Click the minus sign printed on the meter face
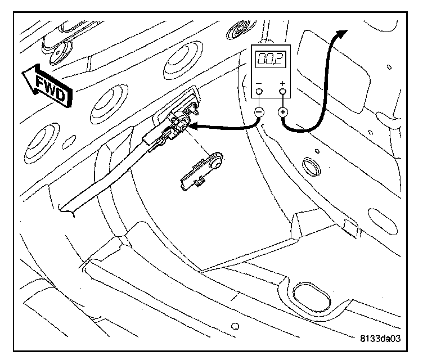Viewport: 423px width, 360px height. tap(259, 85)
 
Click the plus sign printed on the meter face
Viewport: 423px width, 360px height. tap(282, 85)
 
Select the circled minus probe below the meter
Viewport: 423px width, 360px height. tap(259, 111)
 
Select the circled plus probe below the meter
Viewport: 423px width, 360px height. tap(283, 111)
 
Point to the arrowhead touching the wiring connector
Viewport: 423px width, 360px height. tap(190, 127)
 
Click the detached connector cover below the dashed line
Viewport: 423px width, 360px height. tap(200, 173)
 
